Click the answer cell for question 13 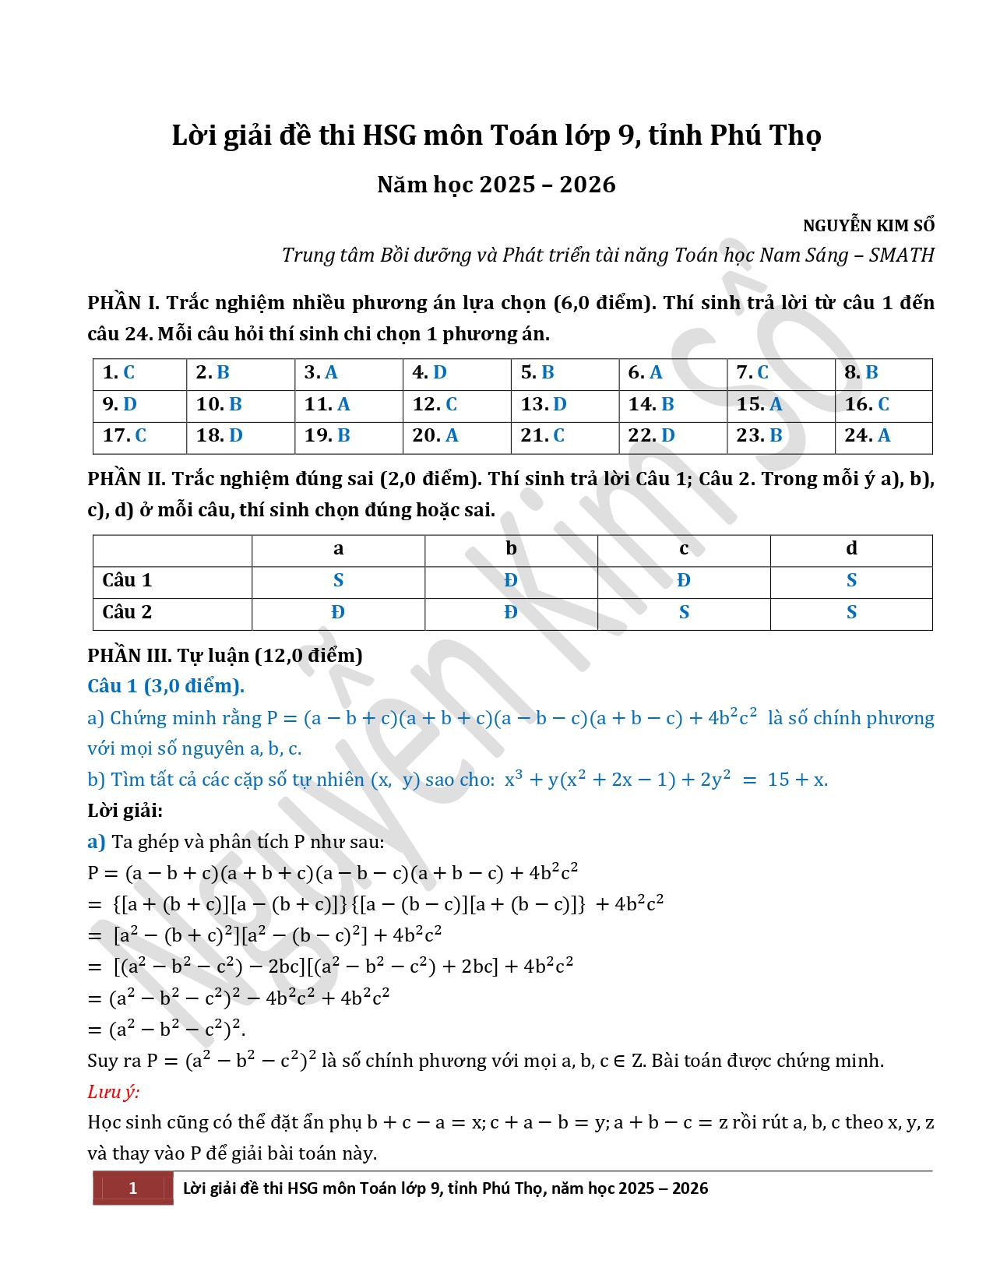565,405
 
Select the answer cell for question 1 139,373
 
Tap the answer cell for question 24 883,436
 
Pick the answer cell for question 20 456,436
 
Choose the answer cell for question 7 780,373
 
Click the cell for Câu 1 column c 684,581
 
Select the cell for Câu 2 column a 338,613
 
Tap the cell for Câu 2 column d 851,613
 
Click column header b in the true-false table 511,549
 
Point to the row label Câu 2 127,613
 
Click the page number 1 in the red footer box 133,1188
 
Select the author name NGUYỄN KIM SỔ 868,226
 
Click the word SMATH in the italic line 902,255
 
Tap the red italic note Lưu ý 114,1092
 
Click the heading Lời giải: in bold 125,811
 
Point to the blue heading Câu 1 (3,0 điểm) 166,686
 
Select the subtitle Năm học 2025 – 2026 496,185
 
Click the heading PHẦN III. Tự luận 225,656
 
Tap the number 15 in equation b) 778,780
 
